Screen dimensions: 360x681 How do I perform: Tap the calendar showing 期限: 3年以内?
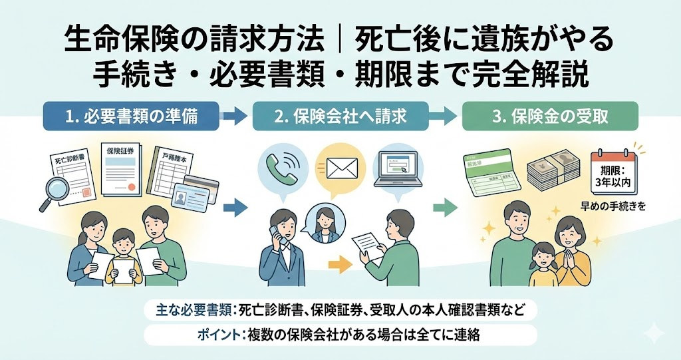pos(614,170)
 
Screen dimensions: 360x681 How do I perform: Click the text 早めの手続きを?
pos(614,206)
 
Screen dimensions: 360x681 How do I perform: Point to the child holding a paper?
pos(122,256)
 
